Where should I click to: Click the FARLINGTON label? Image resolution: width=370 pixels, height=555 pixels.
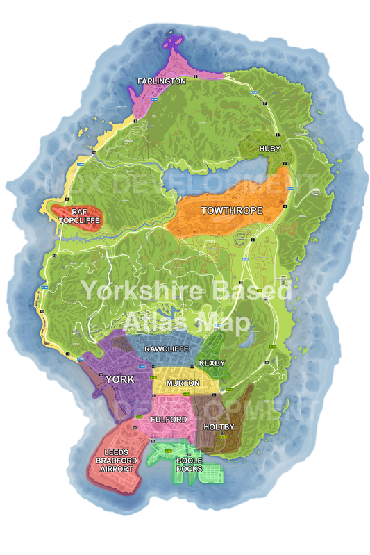click(x=161, y=81)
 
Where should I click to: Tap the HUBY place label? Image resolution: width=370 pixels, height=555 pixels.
click(x=269, y=149)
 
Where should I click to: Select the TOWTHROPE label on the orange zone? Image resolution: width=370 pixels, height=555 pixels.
click(x=228, y=210)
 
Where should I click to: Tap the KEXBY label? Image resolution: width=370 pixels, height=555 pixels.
click(x=212, y=363)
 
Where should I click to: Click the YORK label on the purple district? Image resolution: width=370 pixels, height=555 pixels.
click(x=119, y=379)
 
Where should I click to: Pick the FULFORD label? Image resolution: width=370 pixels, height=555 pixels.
click(x=169, y=420)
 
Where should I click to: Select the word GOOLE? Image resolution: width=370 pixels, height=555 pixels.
click(x=188, y=461)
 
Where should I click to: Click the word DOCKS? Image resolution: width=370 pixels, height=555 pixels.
click(x=188, y=469)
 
